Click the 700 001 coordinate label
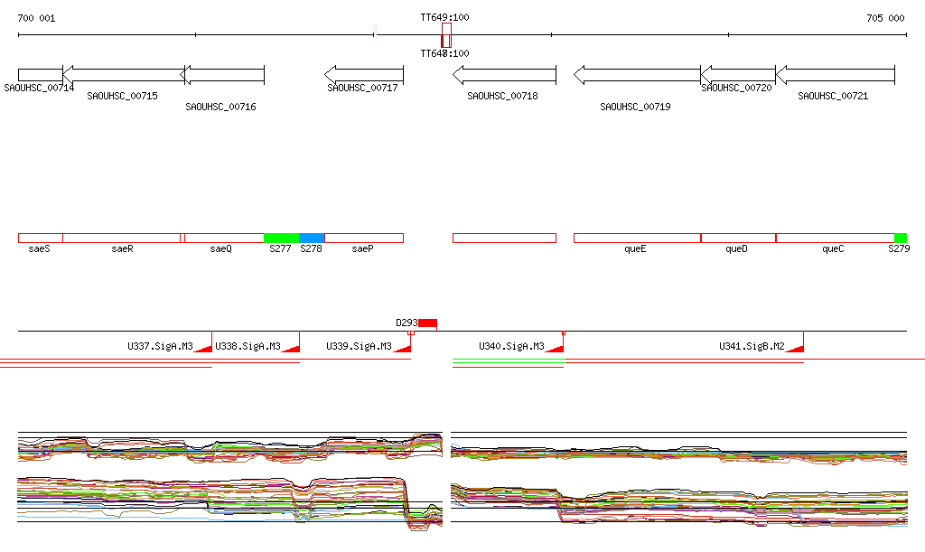tap(36, 18)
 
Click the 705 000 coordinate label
tap(885, 18)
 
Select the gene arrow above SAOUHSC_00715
tap(123, 75)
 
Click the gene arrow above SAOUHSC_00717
tap(363, 75)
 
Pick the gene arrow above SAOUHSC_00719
tap(637, 75)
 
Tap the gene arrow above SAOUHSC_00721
tap(835, 75)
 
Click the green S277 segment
tap(281, 238)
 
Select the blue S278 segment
tap(312, 238)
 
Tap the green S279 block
tap(900, 238)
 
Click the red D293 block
tap(427, 323)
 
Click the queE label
tap(636, 248)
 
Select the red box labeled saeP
tap(363, 238)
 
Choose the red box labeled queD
tap(738, 238)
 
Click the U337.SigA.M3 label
tap(160, 346)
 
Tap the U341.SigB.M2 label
tap(752, 346)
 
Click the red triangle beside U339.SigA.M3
tap(404, 347)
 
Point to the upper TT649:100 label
tap(444, 18)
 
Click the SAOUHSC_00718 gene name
tap(502, 96)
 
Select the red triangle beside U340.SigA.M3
tap(554, 347)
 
